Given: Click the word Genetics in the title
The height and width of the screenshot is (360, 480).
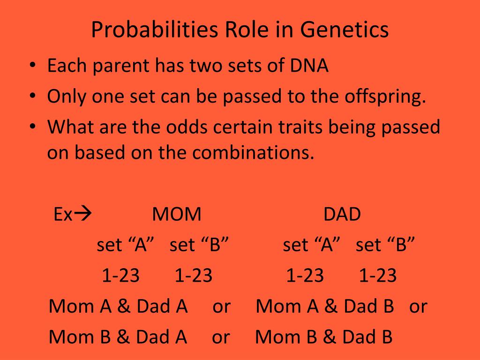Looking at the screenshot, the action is tap(344, 30).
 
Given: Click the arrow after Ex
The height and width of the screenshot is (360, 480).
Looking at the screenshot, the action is tap(83, 214).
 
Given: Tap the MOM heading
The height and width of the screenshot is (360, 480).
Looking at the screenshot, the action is tap(177, 214).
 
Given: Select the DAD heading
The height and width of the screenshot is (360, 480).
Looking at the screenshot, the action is tap(342, 214).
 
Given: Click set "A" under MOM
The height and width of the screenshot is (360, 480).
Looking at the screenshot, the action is tap(125, 245).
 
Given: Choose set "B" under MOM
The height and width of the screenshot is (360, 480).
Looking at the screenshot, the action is tap(199, 245).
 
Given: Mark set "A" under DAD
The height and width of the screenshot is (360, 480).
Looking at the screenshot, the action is tap(311, 245).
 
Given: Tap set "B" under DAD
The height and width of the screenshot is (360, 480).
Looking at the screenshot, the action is tap(385, 245).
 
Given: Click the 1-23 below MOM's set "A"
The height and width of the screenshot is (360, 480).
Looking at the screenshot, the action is tap(120, 275).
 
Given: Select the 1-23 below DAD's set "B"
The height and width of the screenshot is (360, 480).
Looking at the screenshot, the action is tap(378, 275).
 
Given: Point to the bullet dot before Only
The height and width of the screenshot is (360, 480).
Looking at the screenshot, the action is tap(32, 96).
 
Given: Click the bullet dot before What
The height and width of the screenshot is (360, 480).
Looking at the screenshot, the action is tap(32, 126).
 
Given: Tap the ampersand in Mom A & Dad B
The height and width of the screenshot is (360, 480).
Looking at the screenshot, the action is tap(330, 306).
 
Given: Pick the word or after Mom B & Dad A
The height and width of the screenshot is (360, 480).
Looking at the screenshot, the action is tap(221, 338).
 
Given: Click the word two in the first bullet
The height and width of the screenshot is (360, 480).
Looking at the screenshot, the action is tap(206, 66).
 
